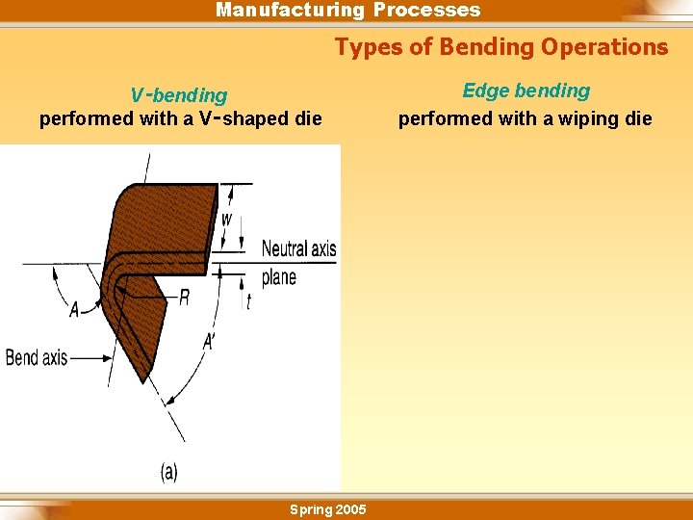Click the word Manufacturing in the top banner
[290, 11]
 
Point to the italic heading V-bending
[179, 95]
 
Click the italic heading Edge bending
[526, 91]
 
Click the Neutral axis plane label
[298, 262]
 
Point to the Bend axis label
[37, 358]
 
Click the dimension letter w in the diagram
[226, 219]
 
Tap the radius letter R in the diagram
[184, 299]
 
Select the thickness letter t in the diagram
[248, 301]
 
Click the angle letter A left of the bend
[74, 309]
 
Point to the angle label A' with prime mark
[210, 342]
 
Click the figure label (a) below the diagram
[168, 472]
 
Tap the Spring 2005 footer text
[327, 509]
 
